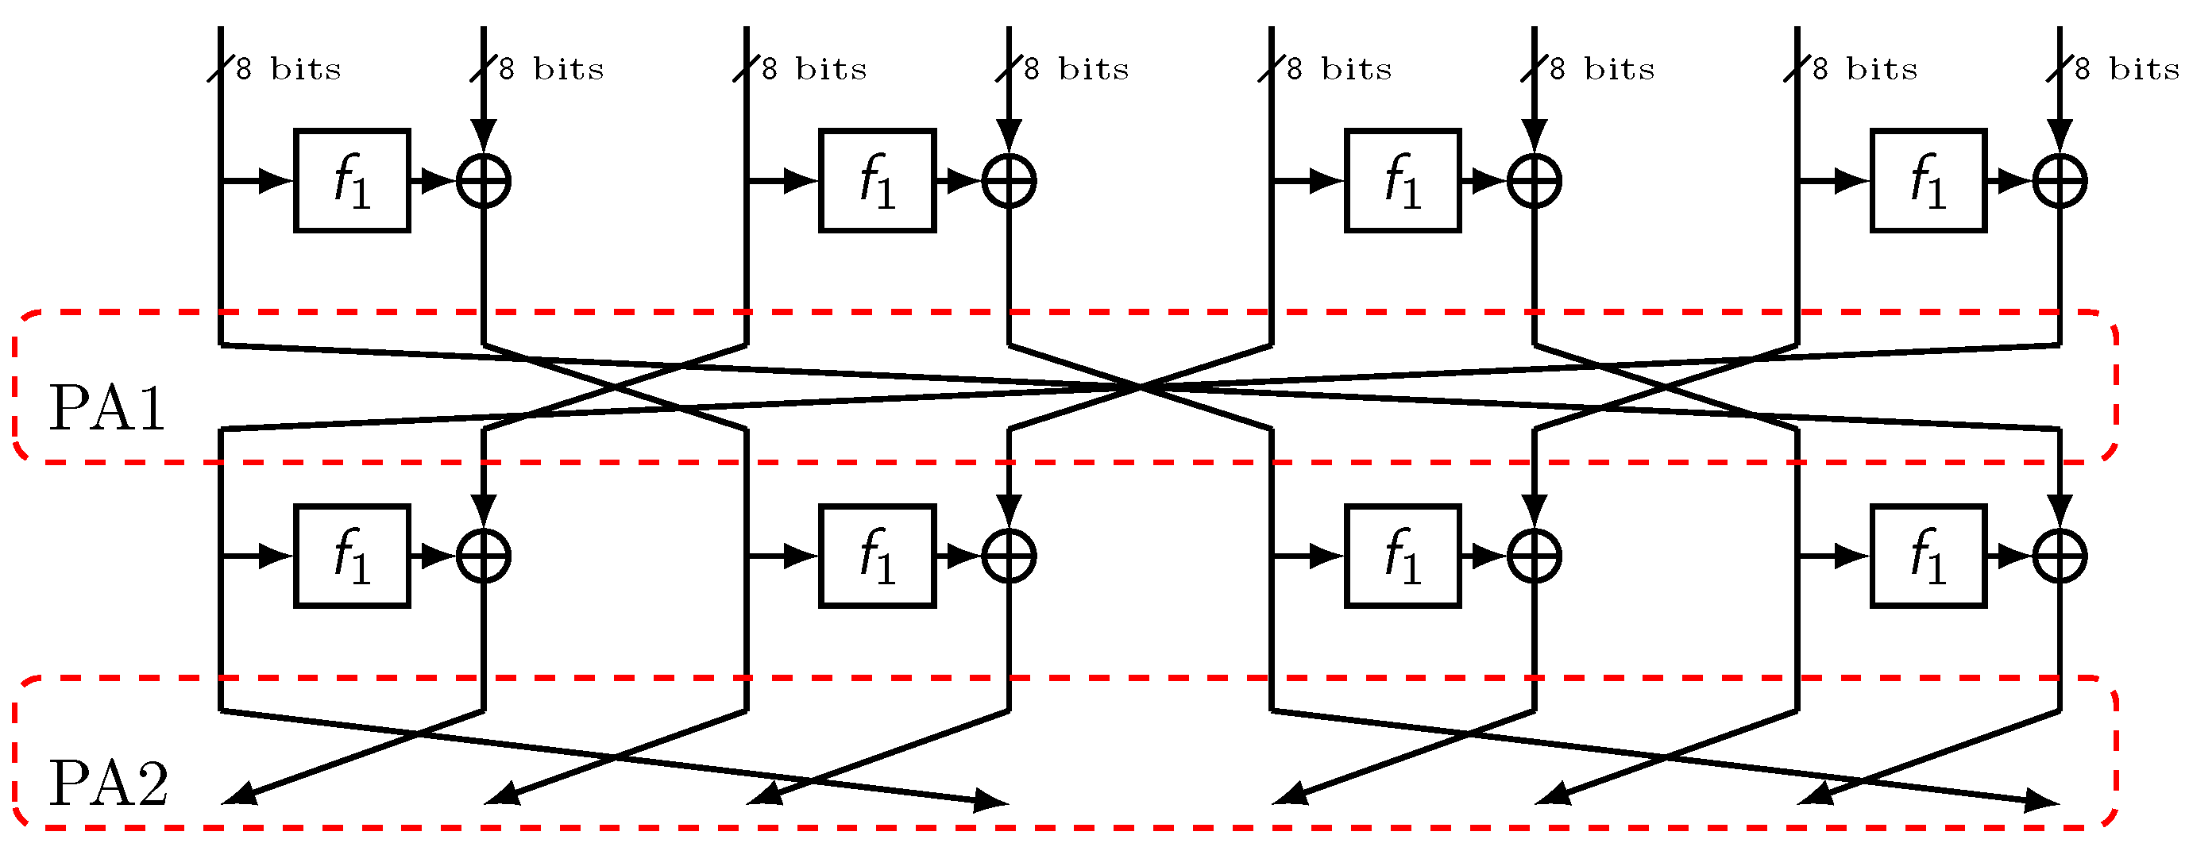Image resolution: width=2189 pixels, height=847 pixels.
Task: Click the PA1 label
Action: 107,409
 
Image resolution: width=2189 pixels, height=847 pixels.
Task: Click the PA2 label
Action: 109,783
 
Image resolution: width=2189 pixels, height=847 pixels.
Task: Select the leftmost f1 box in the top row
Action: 352,181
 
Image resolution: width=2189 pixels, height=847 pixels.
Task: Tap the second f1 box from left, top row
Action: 877,181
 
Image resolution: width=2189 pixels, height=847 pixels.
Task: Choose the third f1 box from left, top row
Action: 1402,181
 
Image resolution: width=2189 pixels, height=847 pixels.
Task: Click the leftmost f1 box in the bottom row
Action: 352,556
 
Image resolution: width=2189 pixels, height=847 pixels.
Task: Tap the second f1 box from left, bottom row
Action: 877,556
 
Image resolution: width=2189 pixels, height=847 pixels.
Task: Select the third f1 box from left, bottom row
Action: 1402,556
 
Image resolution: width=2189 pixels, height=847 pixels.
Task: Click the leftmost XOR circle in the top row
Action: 484,181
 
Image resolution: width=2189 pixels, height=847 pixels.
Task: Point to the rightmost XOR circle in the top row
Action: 2060,181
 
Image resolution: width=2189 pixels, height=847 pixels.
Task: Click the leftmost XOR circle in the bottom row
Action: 484,556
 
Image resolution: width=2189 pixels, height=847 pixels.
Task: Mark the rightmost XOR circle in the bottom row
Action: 2060,556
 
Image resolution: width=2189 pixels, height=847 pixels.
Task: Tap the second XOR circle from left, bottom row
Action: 1009,556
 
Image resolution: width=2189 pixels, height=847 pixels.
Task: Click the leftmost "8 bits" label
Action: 289,69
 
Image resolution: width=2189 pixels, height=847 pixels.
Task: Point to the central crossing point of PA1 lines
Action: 1141,387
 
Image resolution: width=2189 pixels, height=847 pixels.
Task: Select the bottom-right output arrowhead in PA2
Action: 2043,800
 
